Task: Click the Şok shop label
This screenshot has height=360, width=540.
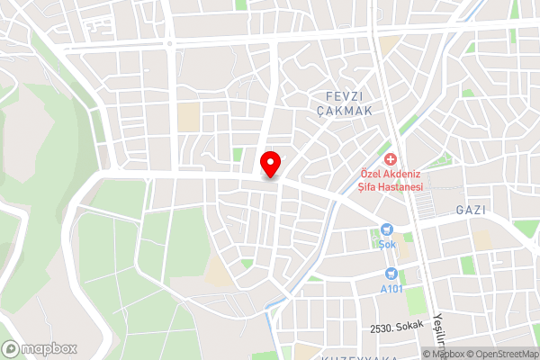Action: point(387,244)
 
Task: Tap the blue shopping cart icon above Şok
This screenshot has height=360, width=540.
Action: point(387,229)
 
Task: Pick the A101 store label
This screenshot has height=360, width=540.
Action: point(391,288)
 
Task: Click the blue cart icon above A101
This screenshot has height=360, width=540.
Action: point(391,274)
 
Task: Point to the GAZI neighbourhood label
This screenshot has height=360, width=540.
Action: point(472,210)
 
